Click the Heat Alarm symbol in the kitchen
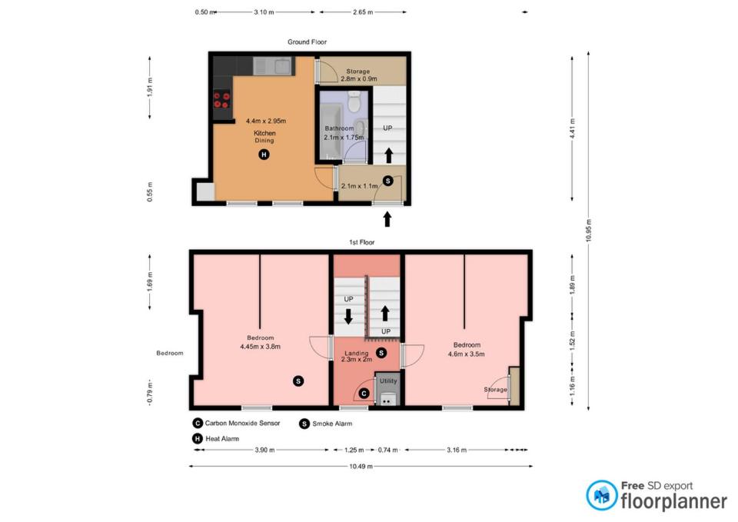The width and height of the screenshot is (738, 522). [264, 155]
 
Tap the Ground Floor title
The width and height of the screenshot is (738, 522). [307, 42]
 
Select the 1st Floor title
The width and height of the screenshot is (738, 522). [361, 242]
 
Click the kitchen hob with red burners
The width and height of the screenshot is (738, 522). [221, 100]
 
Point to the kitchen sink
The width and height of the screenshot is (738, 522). [272, 66]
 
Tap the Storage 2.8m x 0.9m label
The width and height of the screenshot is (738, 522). [358, 75]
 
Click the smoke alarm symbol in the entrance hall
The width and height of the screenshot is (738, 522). [387, 181]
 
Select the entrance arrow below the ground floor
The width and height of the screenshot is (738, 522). [387, 219]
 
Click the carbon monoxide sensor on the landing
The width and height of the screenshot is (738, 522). [364, 394]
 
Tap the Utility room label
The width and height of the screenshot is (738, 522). [388, 381]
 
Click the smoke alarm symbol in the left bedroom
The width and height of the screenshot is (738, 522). [298, 381]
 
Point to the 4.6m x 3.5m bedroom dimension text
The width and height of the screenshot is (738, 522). [466, 354]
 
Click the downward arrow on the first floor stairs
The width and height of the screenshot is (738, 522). [348, 316]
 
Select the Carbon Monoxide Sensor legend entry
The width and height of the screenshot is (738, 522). [236, 423]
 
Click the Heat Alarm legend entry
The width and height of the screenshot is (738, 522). [215, 439]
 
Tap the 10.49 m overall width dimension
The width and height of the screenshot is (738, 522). [361, 467]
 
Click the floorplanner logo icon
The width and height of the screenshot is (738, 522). [601, 495]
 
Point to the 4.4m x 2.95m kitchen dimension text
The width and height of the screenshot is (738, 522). [266, 121]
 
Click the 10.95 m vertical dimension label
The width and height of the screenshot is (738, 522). [589, 231]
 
